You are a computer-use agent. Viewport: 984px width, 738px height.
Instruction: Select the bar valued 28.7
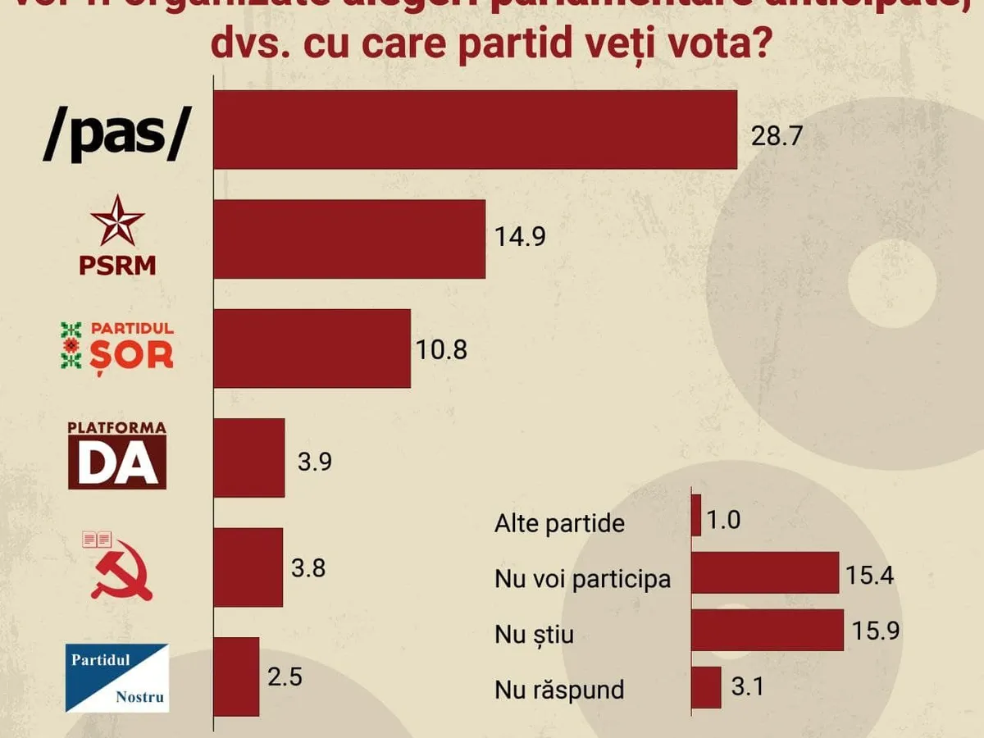[x=475, y=130]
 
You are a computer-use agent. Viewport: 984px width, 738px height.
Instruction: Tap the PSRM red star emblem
[x=116, y=221]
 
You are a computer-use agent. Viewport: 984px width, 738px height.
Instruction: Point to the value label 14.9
[x=520, y=237]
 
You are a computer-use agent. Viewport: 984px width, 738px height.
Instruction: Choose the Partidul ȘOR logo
[x=117, y=345]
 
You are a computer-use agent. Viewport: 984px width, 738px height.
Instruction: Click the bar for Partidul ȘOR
[x=312, y=348]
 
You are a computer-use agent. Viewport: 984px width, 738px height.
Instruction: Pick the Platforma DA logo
[x=117, y=455]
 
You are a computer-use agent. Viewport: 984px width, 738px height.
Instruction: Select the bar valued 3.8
[x=248, y=567]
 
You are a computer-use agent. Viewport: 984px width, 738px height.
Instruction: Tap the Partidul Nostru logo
[x=116, y=677]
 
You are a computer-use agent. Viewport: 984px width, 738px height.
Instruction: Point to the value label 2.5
[x=285, y=677]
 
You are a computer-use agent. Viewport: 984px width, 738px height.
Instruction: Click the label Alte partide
[x=559, y=523]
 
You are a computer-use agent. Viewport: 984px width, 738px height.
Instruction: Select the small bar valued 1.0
[x=696, y=516]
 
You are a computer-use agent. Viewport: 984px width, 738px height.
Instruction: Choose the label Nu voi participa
[x=582, y=579]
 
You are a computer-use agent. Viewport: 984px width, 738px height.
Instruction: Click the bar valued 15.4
[x=765, y=572]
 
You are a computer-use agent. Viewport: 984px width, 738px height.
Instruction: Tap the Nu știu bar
[x=768, y=630]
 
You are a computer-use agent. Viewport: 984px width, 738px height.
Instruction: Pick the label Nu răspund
[x=559, y=690]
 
